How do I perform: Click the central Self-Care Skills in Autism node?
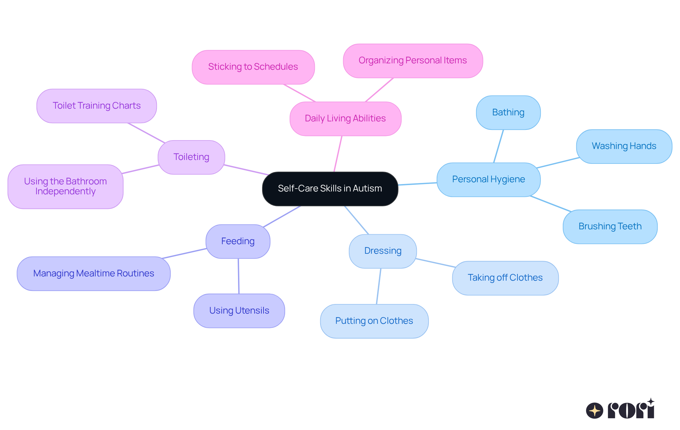(330, 189)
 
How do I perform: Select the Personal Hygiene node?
(488, 179)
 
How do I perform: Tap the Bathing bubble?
(508, 113)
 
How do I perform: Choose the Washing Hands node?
(624, 146)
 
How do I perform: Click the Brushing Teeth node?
(610, 227)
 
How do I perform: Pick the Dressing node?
(382, 251)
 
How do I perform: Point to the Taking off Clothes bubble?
(505, 278)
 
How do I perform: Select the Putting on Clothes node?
(374, 321)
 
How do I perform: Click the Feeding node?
(238, 241)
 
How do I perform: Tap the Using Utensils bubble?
(239, 311)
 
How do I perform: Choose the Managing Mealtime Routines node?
(93, 274)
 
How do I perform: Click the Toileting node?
(191, 157)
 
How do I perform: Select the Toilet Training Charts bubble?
(96, 106)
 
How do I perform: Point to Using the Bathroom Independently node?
(65, 187)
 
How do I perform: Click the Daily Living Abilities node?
(345, 119)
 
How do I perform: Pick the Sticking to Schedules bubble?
(253, 67)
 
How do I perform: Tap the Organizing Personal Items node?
(413, 61)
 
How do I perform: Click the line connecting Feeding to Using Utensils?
(238, 276)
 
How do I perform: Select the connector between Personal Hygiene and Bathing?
(499, 146)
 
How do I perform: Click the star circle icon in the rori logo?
(595, 411)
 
